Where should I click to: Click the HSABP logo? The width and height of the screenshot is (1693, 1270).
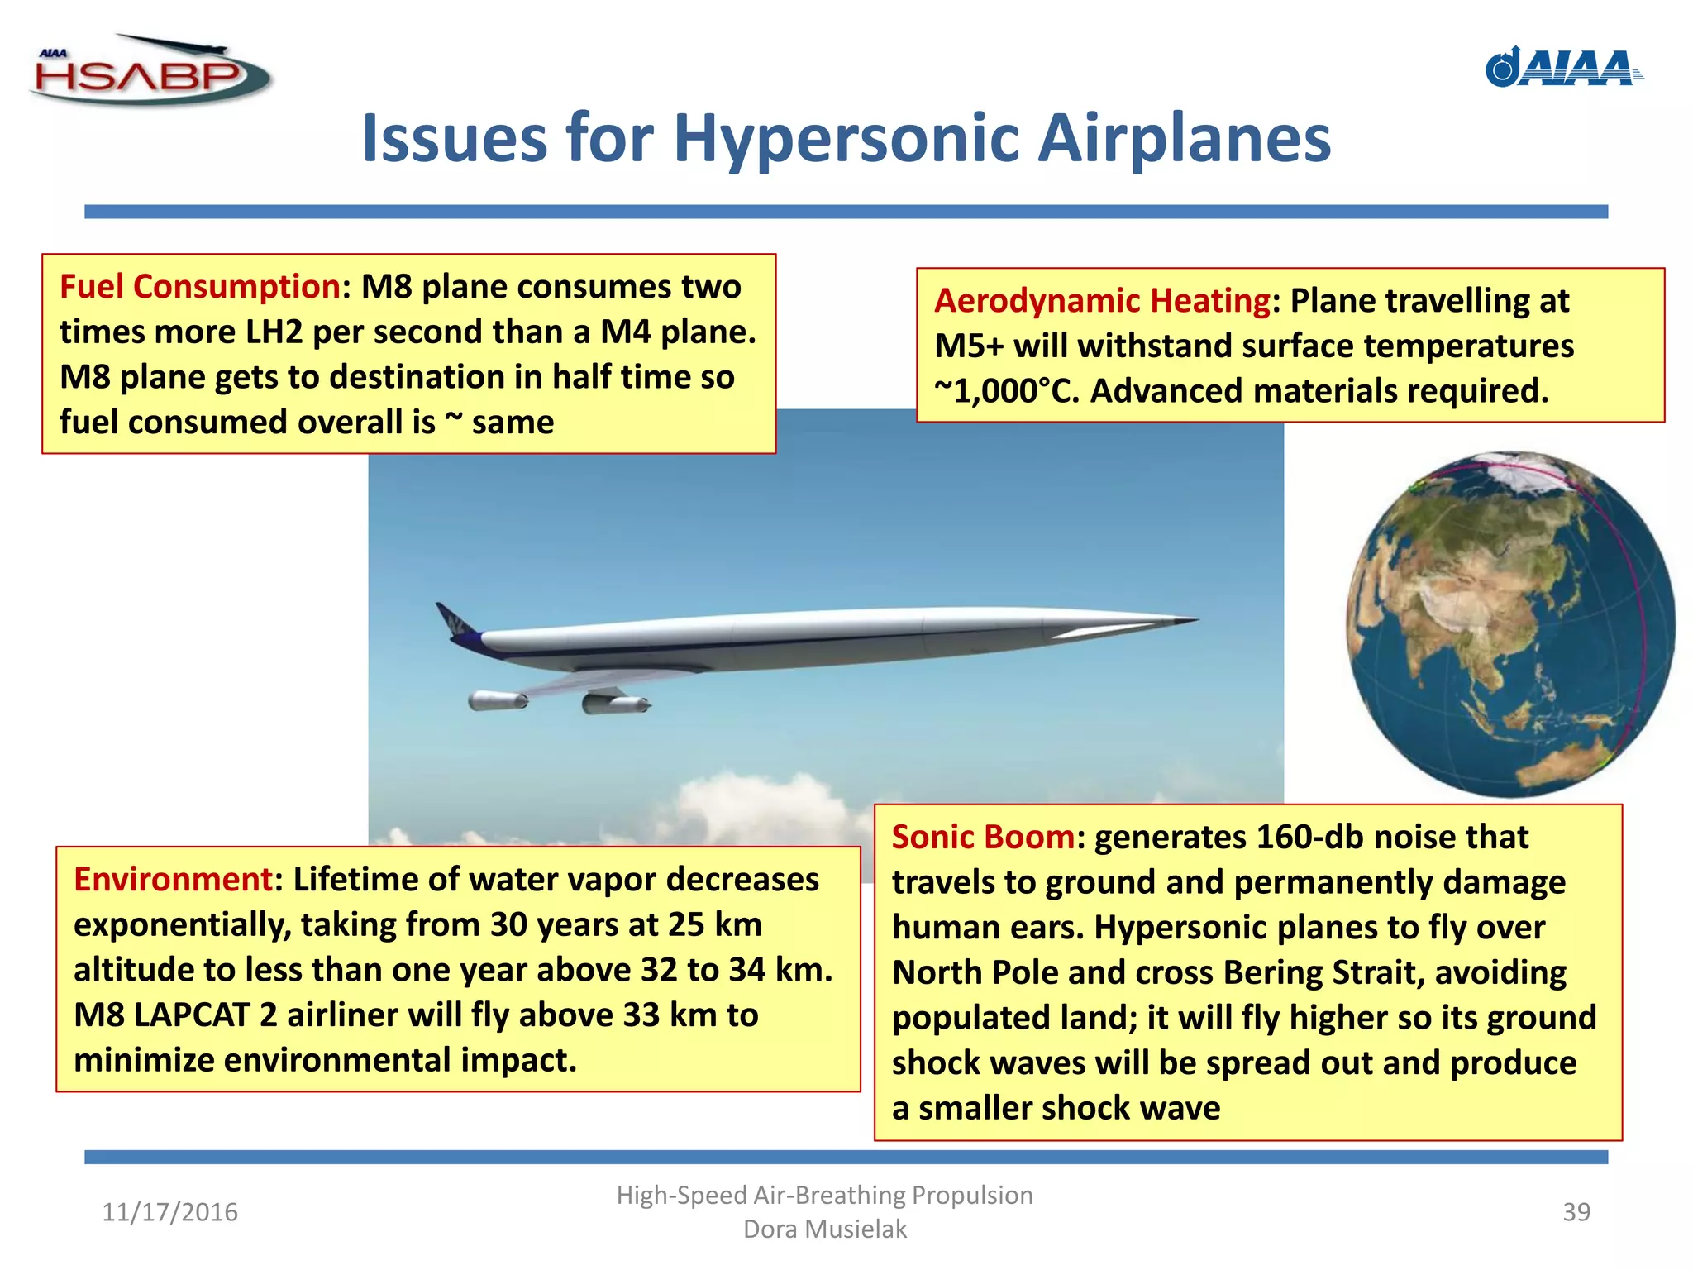point(149,73)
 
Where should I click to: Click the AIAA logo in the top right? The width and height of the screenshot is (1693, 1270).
point(1564,68)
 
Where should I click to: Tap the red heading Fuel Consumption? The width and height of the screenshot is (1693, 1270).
point(199,287)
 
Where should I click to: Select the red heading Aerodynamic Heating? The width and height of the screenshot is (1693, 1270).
point(1102,301)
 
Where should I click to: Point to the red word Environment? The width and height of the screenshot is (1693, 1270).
point(173,880)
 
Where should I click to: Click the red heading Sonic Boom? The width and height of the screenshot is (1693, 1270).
point(983,838)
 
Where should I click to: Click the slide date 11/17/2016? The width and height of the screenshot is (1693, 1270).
point(169,1212)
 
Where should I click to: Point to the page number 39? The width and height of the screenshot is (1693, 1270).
point(1576,1212)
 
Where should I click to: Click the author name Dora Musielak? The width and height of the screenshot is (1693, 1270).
point(825,1229)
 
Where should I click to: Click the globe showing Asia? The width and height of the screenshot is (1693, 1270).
point(1510,624)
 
